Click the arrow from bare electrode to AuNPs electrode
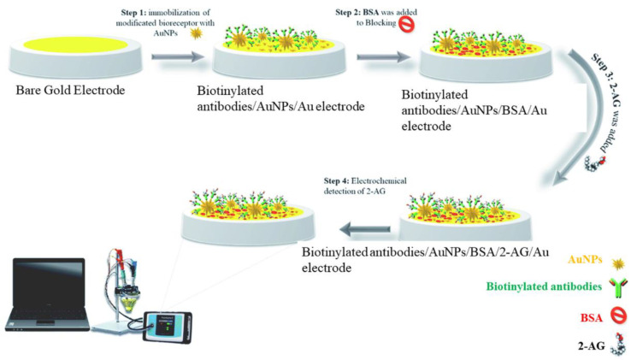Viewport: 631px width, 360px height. point(176,58)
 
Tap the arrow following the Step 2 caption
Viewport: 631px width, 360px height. point(381,58)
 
